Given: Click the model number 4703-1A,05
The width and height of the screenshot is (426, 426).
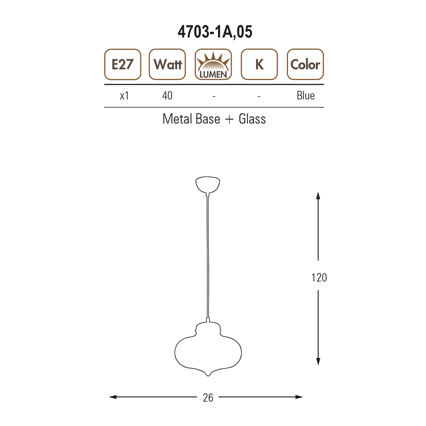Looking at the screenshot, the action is [x=215, y=32].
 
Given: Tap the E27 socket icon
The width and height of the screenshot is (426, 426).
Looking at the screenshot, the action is [x=123, y=64].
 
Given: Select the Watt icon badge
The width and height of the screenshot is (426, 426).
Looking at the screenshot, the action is [x=167, y=64].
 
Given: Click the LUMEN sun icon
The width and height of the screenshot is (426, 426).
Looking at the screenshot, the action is [x=213, y=64].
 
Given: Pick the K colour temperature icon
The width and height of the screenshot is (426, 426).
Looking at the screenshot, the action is [x=259, y=64].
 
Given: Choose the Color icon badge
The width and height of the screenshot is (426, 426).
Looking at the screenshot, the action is [x=305, y=64].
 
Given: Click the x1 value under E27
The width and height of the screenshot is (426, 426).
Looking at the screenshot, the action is [x=124, y=95].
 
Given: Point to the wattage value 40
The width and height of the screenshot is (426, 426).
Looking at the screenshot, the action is [x=167, y=95].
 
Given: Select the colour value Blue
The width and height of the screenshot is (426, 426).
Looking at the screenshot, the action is [x=305, y=95].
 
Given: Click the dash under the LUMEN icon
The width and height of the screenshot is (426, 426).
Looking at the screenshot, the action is [x=214, y=96].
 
